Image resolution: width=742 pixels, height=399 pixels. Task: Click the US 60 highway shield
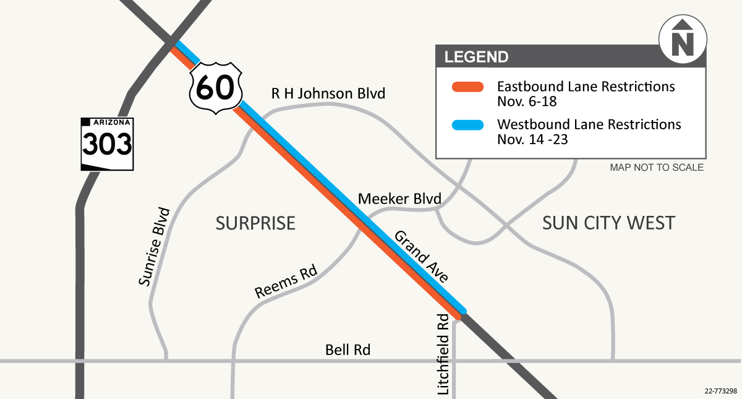pyautogui.click(x=215, y=87)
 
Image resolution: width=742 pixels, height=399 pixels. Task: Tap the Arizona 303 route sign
pyautogui.click(x=107, y=144)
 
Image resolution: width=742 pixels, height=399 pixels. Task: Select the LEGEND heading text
pyautogui.click(x=476, y=57)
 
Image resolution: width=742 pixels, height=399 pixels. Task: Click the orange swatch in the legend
pyautogui.click(x=467, y=86)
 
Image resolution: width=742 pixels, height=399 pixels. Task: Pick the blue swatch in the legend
pyautogui.click(x=467, y=124)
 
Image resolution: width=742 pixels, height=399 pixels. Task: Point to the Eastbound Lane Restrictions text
pyautogui.click(x=586, y=86)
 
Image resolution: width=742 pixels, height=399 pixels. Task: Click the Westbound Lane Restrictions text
pyautogui.click(x=589, y=124)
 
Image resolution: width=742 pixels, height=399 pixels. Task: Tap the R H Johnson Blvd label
pyautogui.click(x=328, y=94)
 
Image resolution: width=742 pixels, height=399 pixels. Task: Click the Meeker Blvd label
pyautogui.click(x=399, y=199)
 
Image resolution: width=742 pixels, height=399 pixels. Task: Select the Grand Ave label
pyautogui.click(x=421, y=257)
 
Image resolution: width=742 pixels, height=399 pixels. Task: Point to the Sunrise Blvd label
pyautogui.click(x=154, y=247)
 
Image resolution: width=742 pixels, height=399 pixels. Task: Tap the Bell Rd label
pyautogui.click(x=348, y=350)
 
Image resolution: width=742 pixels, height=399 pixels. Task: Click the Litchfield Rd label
pyautogui.click(x=443, y=354)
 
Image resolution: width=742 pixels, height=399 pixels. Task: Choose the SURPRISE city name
pyautogui.click(x=255, y=223)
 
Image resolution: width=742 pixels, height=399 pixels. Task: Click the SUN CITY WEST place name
pyautogui.click(x=608, y=223)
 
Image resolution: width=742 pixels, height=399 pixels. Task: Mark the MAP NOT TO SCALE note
pyautogui.click(x=656, y=168)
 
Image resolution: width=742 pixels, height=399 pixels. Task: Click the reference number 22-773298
pyautogui.click(x=720, y=391)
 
